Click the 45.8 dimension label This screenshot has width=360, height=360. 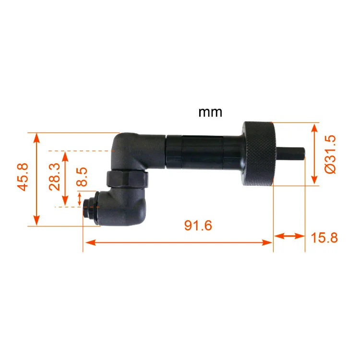click(x=23, y=177)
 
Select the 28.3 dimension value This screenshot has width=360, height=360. click(x=55, y=177)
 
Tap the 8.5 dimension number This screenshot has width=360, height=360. click(x=82, y=177)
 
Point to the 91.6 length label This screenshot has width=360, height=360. click(x=198, y=225)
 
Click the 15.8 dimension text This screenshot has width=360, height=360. click(x=324, y=238)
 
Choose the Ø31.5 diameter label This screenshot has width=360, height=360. click(x=330, y=154)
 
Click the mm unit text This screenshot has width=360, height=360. click(x=210, y=112)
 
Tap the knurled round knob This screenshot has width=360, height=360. click(x=259, y=154)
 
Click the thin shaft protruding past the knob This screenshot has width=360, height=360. click(x=291, y=153)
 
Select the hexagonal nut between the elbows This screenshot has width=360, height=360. click(x=127, y=179)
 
